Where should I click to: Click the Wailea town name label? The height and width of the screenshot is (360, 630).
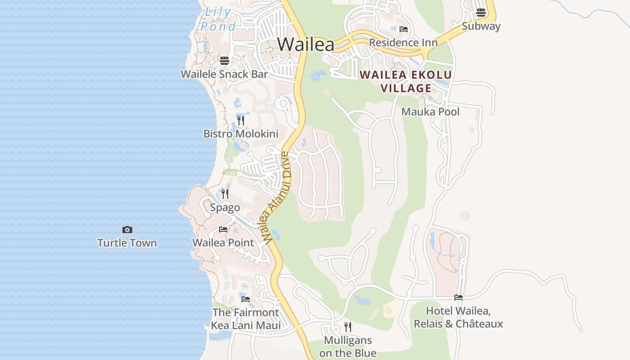[x=306, y=45]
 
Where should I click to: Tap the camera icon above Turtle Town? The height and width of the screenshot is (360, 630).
[x=127, y=230]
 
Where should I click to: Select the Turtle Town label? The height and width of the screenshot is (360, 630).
[x=127, y=243]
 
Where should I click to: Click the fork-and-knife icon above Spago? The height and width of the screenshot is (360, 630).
[x=225, y=194]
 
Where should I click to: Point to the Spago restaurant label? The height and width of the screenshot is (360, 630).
[x=225, y=208]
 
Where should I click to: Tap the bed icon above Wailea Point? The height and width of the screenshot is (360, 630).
[x=223, y=229]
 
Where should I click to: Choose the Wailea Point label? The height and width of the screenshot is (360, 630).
[x=223, y=243]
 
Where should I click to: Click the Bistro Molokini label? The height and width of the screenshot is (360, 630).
[x=241, y=134]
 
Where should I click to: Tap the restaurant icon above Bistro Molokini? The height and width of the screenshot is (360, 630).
[x=241, y=120]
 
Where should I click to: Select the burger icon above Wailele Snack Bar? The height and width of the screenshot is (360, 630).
[x=225, y=61]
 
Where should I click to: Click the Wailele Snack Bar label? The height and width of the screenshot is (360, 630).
[x=224, y=74]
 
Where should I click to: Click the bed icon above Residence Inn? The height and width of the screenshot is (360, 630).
[x=404, y=29]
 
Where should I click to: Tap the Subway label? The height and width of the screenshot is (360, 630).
[x=481, y=26]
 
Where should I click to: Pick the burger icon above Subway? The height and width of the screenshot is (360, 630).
[x=481, y=13]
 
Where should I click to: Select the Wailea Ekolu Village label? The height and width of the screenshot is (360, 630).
[x=406, y=81]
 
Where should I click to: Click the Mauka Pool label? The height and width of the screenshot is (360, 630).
[x=430, y=112]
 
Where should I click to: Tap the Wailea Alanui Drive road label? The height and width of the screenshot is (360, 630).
[x=277, y=198]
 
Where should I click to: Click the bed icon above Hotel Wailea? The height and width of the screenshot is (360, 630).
[x=459, y=297]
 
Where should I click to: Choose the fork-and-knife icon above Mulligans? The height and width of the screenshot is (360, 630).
[x=348, y=327]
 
